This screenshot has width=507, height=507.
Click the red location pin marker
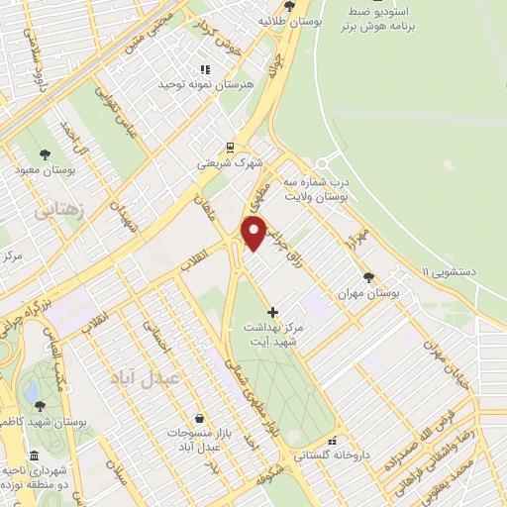point(253,231)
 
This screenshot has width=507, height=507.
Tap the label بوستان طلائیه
point(286,20)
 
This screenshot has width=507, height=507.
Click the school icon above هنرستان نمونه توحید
point(205,69)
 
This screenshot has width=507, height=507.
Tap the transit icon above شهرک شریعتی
point(229,146)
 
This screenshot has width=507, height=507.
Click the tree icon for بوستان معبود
point(45,153)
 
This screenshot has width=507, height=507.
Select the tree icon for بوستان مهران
point(368,278)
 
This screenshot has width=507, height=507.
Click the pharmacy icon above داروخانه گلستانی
point(334,441)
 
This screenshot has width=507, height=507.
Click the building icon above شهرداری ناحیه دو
point(36,456)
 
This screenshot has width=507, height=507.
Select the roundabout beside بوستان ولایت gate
point(323,163)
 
